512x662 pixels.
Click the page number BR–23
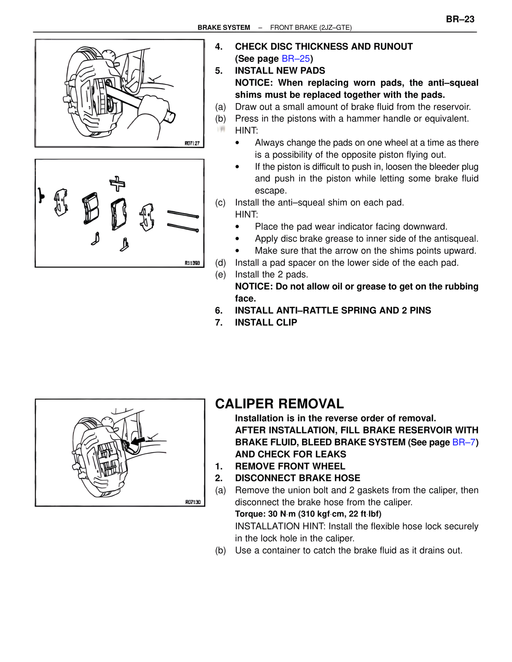(460, 19)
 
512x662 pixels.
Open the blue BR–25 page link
(296, 59)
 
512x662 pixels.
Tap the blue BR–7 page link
(464, 442)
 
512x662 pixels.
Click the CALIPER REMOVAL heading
(279, 404)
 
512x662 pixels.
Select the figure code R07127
(192, 143)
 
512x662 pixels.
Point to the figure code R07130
(193, 502)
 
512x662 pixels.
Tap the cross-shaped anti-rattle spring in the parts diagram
(118, 183)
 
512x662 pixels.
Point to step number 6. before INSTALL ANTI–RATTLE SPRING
(219, 311)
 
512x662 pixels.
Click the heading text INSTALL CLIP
(266, 323)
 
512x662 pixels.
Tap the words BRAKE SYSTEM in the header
(224, 28)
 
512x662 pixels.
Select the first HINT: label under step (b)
(246, 131)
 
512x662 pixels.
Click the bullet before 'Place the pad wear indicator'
(238, 227)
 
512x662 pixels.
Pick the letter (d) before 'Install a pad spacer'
(220, 263)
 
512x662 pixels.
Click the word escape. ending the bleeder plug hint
(271, 191)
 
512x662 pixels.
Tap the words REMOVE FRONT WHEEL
(290, 466)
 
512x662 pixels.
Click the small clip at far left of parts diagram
(40, 195)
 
